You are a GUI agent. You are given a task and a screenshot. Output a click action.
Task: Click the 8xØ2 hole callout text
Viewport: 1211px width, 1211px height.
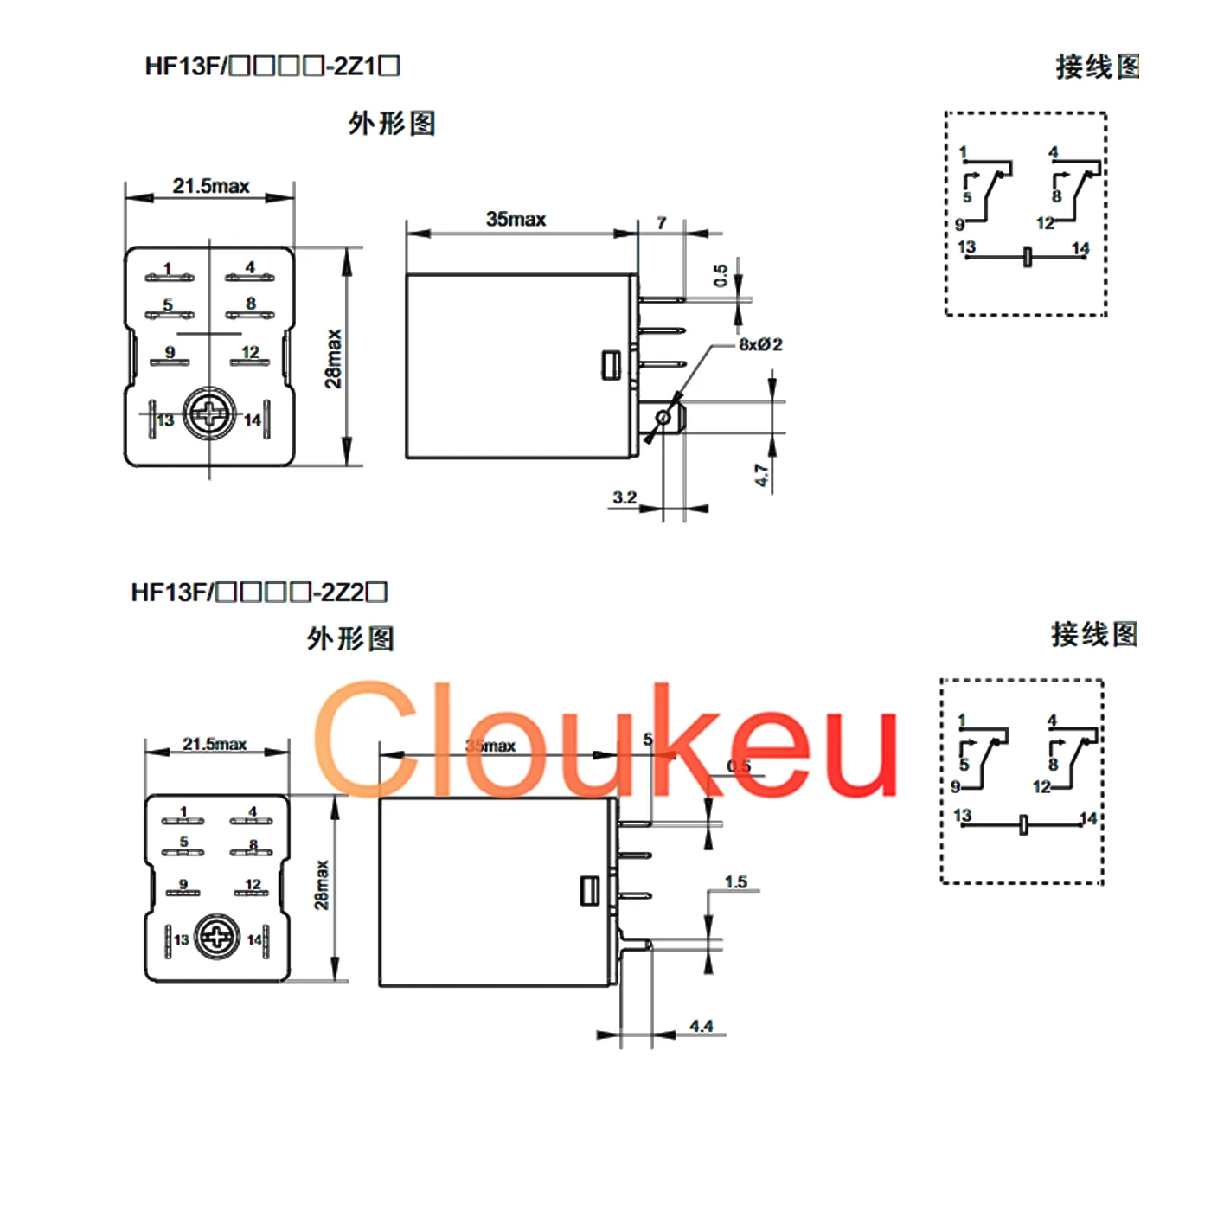(760, 344)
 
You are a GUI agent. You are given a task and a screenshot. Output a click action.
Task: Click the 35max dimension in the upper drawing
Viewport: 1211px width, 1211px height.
(516, 220)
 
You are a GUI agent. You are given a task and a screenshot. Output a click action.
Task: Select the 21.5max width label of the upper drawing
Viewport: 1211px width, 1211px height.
(210, 186)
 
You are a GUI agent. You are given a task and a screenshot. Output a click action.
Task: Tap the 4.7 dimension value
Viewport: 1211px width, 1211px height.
(761, 475)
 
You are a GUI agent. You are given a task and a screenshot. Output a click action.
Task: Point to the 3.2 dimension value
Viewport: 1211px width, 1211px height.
(625, 497)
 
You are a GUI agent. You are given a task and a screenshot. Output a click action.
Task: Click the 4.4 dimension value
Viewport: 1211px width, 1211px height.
(702, 1027)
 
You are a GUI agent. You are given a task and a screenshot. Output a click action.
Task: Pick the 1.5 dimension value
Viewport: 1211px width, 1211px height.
(736, 881)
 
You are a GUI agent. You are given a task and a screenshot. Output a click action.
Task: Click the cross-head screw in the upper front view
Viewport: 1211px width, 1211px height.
(210, 414)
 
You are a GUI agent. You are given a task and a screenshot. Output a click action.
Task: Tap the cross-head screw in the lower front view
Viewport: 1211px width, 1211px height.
(217, 938)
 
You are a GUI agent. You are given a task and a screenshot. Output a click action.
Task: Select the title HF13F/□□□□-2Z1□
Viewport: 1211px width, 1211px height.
(272, 67)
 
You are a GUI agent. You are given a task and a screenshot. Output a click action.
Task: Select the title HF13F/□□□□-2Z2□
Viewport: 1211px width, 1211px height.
(259, 593)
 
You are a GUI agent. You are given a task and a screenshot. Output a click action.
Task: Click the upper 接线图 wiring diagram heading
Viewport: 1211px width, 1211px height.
(1097, 67)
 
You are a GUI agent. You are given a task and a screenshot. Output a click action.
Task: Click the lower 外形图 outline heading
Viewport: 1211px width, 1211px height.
(350, 639)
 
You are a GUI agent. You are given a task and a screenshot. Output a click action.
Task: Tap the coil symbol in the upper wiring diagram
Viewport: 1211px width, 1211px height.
(1027, 257)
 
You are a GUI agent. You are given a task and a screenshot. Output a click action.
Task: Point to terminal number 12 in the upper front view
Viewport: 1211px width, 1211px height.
(250, 352)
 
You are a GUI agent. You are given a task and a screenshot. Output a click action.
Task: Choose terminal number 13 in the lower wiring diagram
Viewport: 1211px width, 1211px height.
(962, 815)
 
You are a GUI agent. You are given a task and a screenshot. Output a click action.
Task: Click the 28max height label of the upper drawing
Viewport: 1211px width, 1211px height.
(334, 358)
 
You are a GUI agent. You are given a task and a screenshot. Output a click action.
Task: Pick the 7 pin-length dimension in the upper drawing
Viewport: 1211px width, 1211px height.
(662, 223)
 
